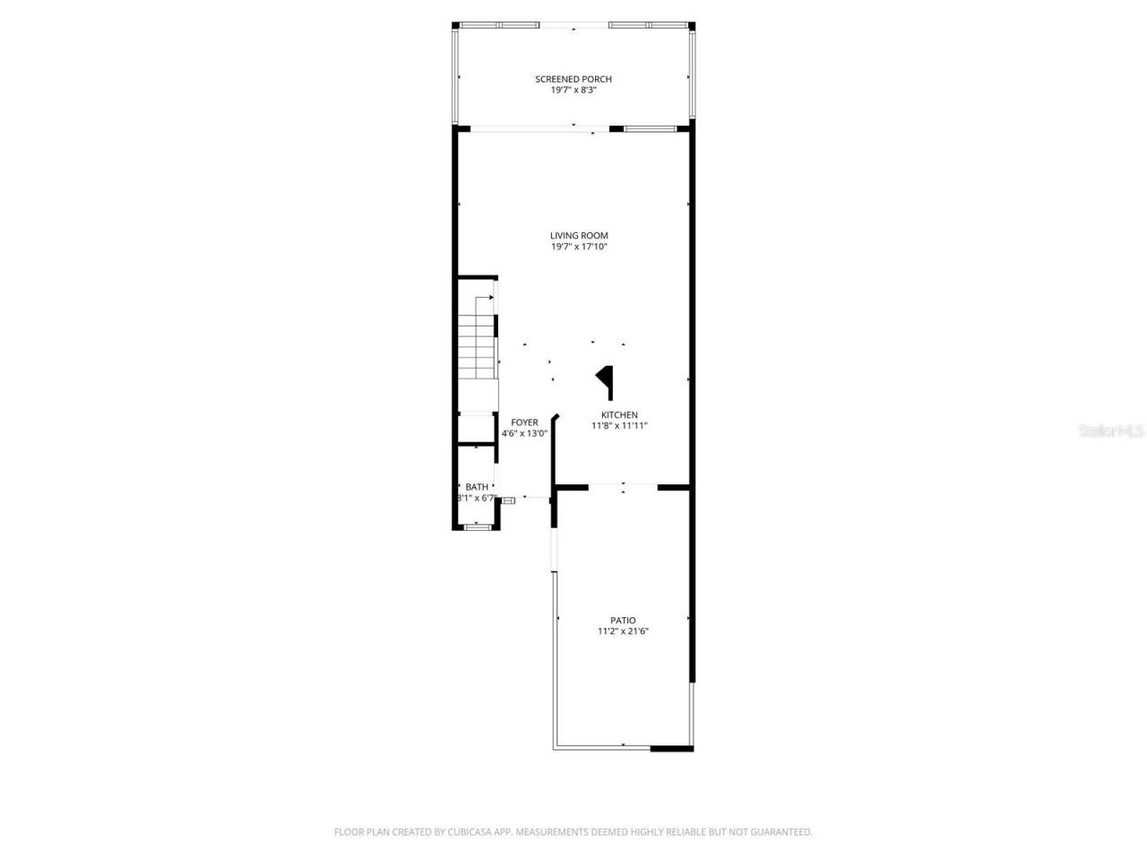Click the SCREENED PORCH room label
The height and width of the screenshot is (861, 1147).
click(573, 79)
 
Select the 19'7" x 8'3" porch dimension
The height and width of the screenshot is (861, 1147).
click(573, 91)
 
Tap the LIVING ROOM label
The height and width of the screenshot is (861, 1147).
click(579, 236)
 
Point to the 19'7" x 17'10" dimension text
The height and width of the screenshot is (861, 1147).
click(579, 247)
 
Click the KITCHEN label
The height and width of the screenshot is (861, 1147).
click(619, 415)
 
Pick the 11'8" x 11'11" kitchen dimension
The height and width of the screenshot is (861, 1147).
click(619, 426)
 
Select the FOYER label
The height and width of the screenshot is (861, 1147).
click(524, 422)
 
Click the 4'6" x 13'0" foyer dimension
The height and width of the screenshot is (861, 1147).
click(524, 433)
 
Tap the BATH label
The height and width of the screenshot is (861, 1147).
click(477, 487)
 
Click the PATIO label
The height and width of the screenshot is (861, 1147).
click(623, 621)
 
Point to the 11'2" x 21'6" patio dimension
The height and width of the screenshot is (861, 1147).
click(623, 631)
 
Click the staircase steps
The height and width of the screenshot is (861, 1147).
click(477, 350)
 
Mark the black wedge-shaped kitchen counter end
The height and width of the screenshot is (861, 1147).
click(607, 378)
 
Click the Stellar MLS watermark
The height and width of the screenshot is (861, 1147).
click(1111, 431)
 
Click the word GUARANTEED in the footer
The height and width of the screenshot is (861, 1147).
click(782, 832)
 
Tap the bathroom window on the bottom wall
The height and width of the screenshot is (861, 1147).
click(477, 527)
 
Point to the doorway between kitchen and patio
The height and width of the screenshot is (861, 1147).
click(623, 487)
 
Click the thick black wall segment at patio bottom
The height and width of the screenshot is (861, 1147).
click(671, 748)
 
